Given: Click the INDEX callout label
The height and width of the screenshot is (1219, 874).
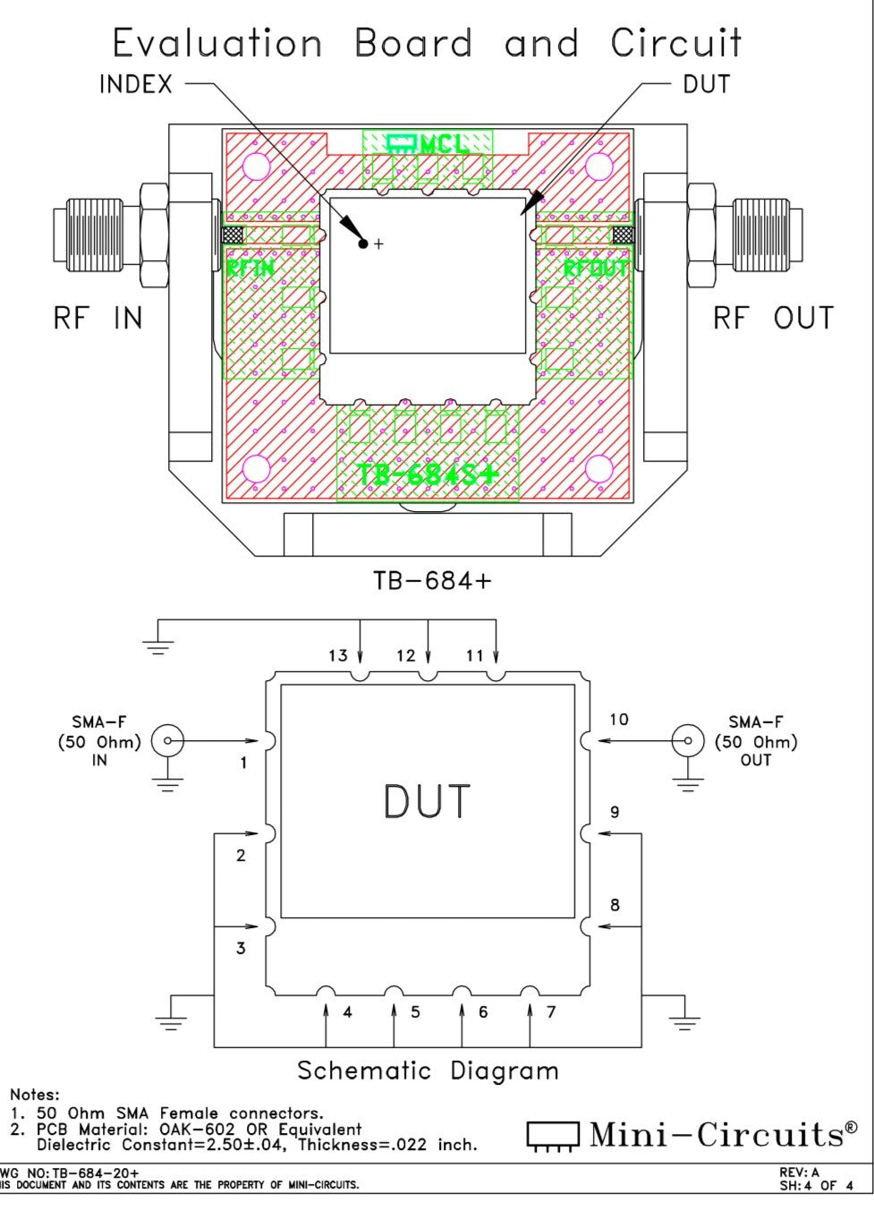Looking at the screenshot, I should (x=135, y=85).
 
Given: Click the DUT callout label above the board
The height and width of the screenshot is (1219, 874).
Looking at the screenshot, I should (x=706, y=85).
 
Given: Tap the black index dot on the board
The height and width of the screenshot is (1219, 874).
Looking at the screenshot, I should (x=363, y=243).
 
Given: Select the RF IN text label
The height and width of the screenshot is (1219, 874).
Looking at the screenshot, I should (x=98, y=318).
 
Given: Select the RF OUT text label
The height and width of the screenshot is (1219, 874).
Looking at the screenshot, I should (x=773, y=318).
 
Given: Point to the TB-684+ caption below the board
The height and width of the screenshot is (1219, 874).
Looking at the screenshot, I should (x=432, y=581).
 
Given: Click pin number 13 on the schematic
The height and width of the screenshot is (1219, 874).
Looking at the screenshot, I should (x=337, y=656).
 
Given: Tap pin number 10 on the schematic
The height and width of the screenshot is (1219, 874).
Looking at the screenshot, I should (x=619, y=720).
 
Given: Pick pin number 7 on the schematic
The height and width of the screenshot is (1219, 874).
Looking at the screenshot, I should (x=551, y=1012).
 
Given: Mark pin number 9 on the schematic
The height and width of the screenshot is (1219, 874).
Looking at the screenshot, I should (x=615, y=813).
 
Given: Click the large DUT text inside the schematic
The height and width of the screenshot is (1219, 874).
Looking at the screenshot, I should (x=427, y=802).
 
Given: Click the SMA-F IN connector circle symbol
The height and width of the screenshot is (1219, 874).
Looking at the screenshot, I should (x=167, y=741).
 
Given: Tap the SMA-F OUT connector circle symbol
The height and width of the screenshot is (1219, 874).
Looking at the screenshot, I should (x=687, y=741).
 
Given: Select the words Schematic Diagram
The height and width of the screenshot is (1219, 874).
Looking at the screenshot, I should (x=428, y=1070).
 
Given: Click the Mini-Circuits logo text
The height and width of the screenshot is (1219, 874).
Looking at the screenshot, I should (x=716, y=1135).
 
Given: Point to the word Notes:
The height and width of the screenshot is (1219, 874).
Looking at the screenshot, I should (x=35, y=1095).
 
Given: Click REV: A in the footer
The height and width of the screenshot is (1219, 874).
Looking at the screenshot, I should (x=799, y=1172).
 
